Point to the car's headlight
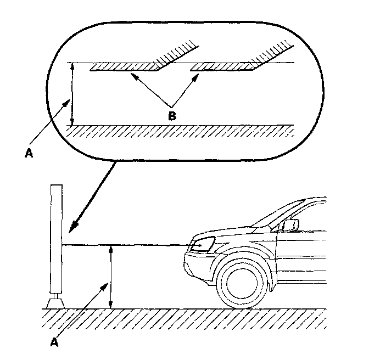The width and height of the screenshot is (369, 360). click(203, 243)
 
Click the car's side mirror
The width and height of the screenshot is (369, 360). click(291, 224)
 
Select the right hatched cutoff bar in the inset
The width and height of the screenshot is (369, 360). click(222, 67)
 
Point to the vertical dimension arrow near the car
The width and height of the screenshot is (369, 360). click(111, 277)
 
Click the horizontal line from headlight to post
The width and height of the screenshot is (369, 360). click(126, 245)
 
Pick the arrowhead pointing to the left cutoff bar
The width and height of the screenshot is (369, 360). click(133, 76)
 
